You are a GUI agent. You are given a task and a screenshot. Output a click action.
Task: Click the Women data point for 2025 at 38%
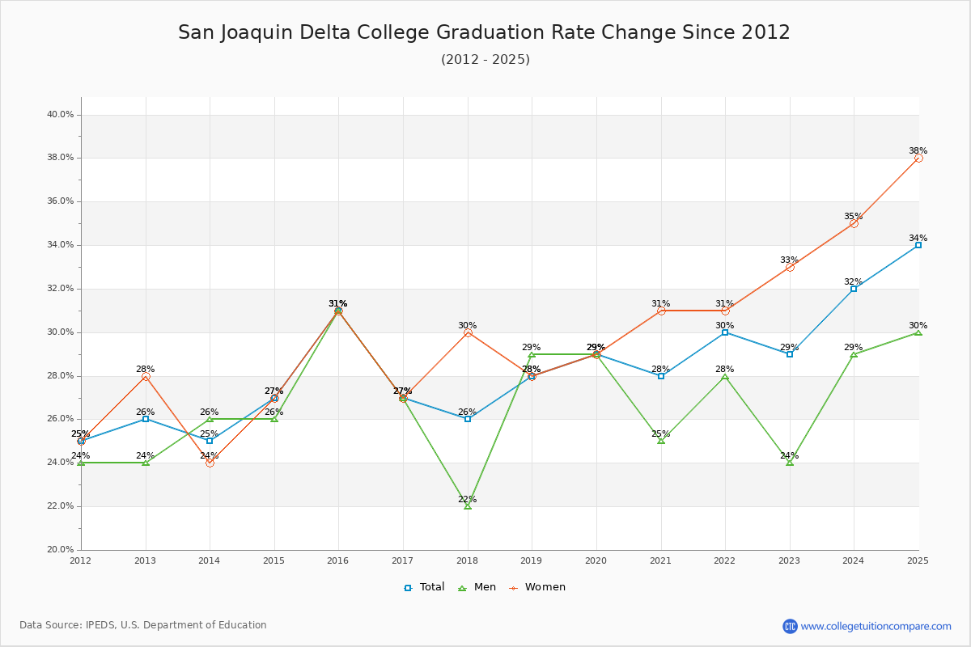(x=918, y=159)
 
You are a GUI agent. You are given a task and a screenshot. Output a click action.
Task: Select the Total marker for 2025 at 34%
(x=918, y=245)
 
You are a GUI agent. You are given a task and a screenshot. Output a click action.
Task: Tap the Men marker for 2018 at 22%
(x=468, y=505)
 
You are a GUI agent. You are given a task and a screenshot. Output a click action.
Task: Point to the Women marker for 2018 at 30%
(x=468, y=332)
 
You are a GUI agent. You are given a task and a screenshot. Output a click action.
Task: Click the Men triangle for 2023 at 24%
(x=790, y=462)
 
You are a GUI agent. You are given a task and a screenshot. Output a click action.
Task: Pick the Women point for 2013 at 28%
(x=146, y=376)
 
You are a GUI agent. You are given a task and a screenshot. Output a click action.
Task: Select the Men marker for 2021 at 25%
(x=661, y=440)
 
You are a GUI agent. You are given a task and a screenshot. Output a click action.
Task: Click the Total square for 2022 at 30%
(x=725, y=332)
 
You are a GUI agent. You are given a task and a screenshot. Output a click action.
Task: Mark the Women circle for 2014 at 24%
(x=210, y=463)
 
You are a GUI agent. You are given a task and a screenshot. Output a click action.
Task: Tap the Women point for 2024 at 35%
(x=854, y=223)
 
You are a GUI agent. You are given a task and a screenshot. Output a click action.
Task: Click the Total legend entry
(x=425, y=587)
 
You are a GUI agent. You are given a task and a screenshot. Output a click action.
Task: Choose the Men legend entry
(x=477, y=587)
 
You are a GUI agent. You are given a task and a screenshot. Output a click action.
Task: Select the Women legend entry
(x=538, y=587)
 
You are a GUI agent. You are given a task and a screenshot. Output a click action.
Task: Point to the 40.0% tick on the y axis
(x=60, y=115)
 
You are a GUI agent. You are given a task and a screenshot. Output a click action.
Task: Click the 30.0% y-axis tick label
(x=60, y=332)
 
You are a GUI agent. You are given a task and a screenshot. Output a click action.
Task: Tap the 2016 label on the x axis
(x=338, y=560)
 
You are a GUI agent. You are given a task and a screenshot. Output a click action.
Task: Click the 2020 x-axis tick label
(x=596, y=560)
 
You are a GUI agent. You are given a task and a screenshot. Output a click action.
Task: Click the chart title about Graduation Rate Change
(x=484, y=32)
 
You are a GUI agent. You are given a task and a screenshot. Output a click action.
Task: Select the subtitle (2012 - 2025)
(x=485, y=60)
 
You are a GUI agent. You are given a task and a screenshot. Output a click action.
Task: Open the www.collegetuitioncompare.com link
(x=876, y=626)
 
